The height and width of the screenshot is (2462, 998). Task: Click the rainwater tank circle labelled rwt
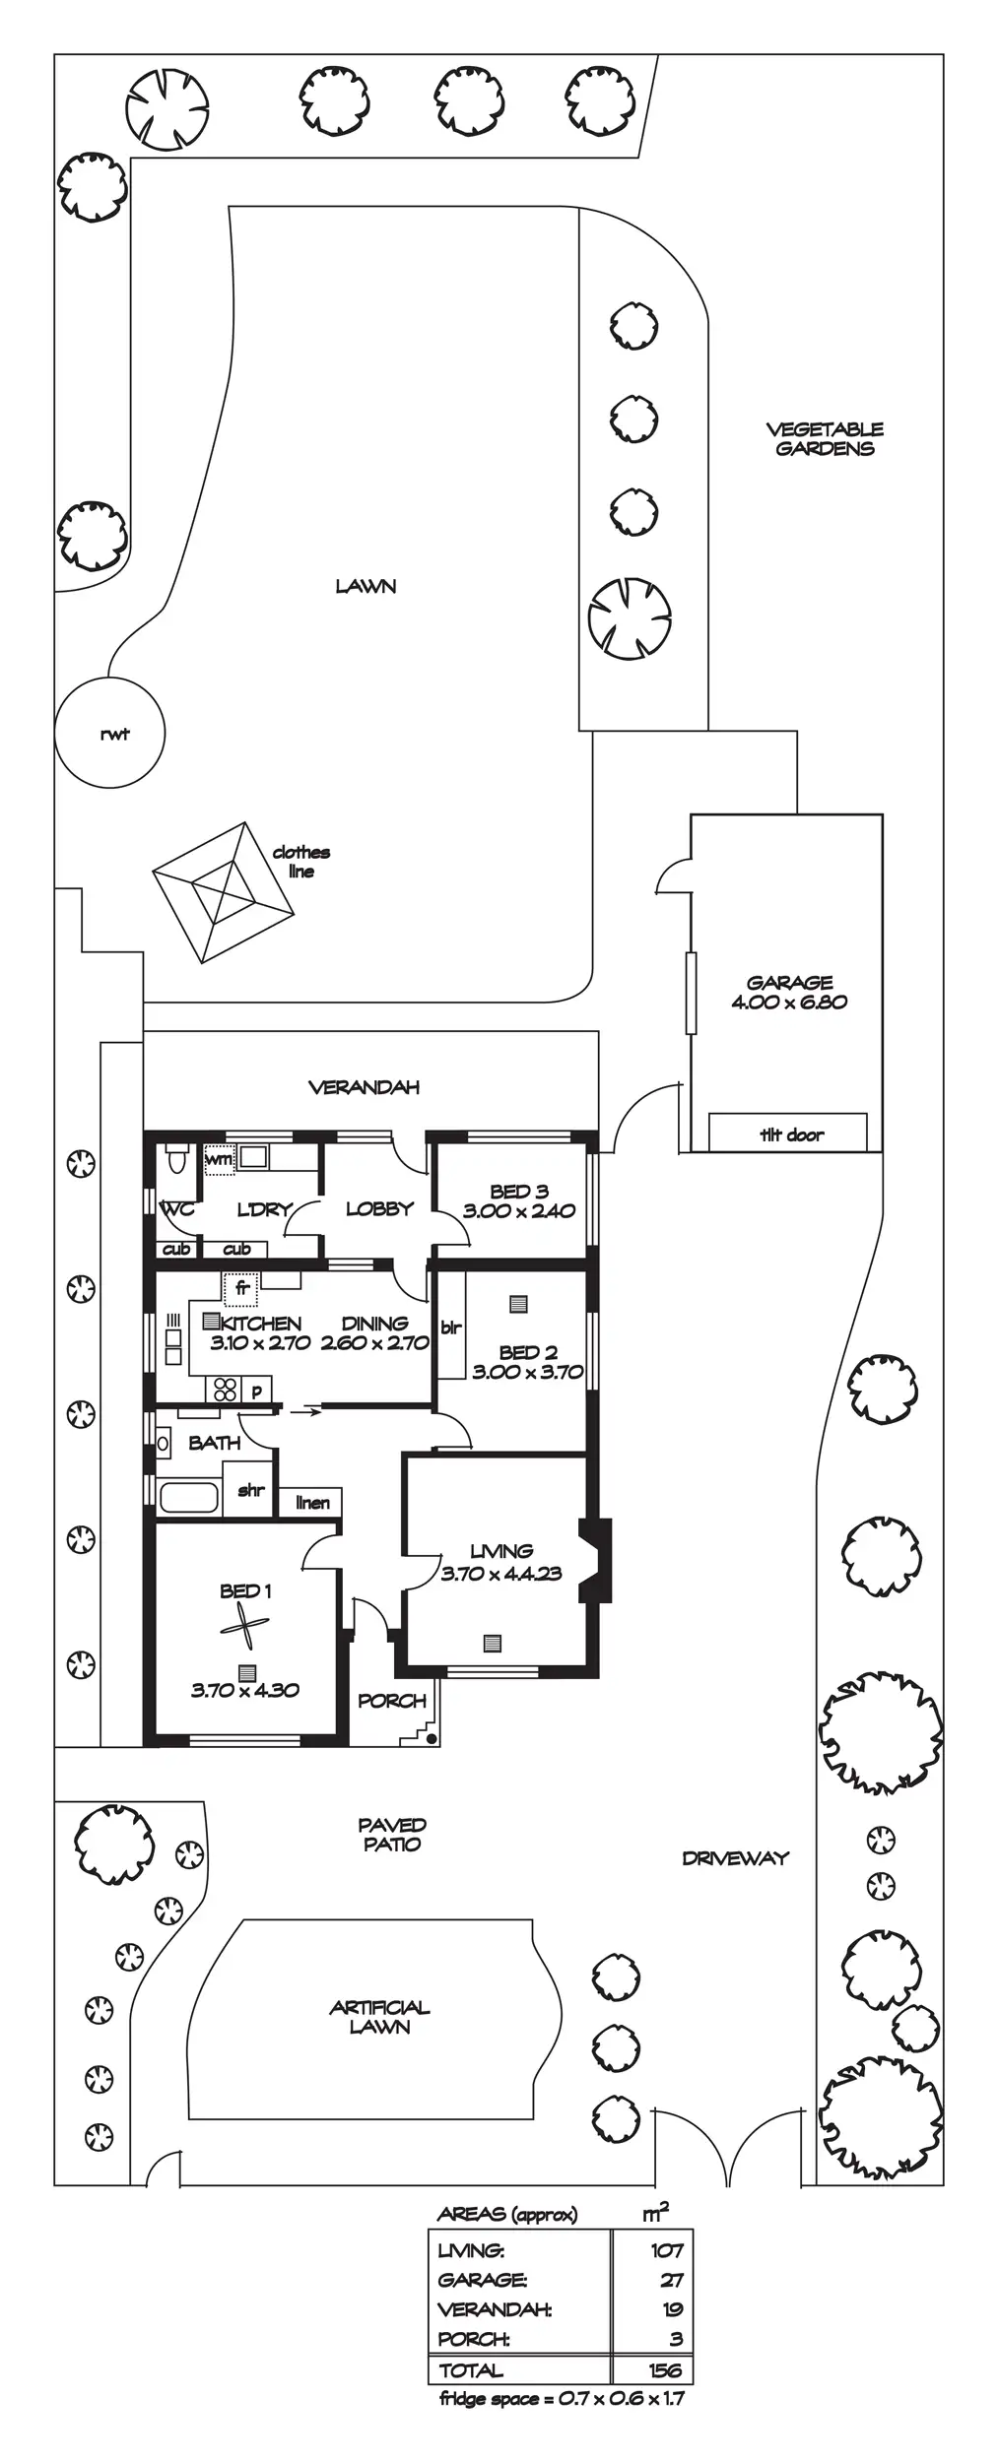coord(109,732)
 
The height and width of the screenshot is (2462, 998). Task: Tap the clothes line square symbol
coord(224,892)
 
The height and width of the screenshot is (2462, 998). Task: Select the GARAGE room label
coord(789,982)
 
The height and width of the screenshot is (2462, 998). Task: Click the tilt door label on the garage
coord(791,1134)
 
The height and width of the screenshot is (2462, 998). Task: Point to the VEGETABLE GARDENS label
coord(825,438)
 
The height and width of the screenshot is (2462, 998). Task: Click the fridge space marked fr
coord(242,1288)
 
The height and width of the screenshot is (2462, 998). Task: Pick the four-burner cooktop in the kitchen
coord(226,1390)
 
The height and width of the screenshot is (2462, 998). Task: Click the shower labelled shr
coord(251,1490)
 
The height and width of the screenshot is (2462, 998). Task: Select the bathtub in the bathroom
coord(188,1497)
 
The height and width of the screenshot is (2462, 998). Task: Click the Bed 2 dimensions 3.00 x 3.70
coord(528,1372)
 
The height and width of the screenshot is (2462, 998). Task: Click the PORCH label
coord(392,1701)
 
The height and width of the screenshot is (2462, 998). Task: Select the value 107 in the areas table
coord(666,2250)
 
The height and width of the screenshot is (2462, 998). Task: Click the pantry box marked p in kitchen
coord(257,1391)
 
